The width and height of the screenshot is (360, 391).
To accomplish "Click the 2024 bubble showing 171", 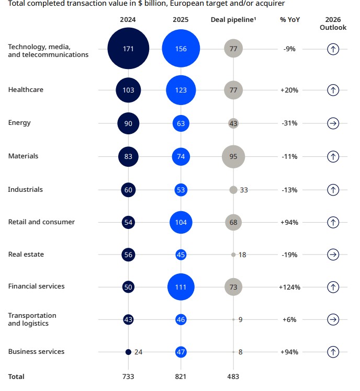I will pyautogui.click(x=129, y=49).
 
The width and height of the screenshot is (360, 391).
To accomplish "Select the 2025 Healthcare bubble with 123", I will pyautogui.click(x=181, y=90).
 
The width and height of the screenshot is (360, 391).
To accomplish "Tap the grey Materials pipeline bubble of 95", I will pyautogui.click(x=233, y=156).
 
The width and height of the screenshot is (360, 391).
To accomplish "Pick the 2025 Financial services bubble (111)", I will pyautogui.click(x=181, y=286).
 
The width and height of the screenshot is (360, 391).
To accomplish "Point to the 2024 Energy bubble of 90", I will pyautogui.click(x=129, y=123).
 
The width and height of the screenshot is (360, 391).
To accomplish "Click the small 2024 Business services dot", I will pyautogui.click(x=128, y=352).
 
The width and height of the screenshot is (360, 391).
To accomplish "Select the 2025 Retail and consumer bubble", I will pyautogui.click(x=181, y=222).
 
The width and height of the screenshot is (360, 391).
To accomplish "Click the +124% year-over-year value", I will pyautogui.click(x=289, y=287).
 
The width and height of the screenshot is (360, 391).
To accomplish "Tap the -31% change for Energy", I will pyautogui.click(x=289, y=123).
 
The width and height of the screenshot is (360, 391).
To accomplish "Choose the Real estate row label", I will pyautogui.click(x=26, y=255).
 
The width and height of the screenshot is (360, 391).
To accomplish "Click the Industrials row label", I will pyautogui.click(x=25, y=189).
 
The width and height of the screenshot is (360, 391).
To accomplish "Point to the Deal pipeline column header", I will pyautogui.click(x=234, y=20).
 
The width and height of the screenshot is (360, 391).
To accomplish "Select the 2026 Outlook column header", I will pyautogui.click(x=333, y=24).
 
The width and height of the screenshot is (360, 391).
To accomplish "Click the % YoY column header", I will pyautogui.click(x=289, y=20).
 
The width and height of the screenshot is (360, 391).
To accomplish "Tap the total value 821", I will pyautogui.click(x=181, y=376).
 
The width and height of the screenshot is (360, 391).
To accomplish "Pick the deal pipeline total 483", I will pyautogui.click(x=233, y=376).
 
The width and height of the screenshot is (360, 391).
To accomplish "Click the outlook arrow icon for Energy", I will pyautogui.click(x=333, y=123).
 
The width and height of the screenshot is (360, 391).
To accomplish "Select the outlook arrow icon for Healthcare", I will pyautogui.click(x=333, y=90).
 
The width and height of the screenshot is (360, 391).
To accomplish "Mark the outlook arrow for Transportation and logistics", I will pyautogui.click(x=333, y=319).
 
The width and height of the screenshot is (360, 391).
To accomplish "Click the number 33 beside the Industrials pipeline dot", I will pyautogui.click(x=244, y=190).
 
